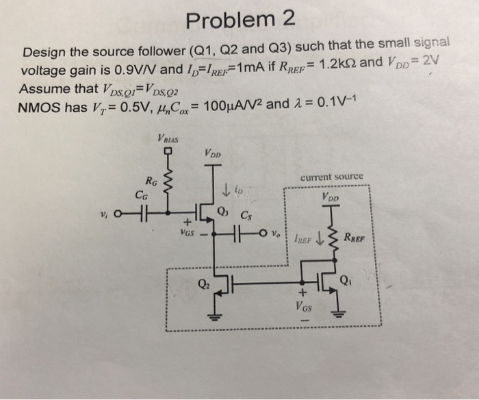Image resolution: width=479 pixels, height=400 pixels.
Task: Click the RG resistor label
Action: [x=152, y=182]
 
